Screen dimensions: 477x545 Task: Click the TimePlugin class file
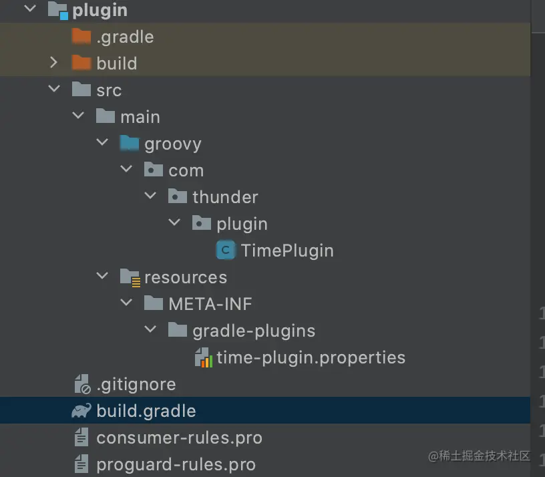(x=287, y=251)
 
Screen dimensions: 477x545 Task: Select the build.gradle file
(x=146, y=411)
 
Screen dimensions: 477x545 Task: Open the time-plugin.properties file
(x=311, y=357)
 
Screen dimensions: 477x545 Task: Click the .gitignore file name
(x=136, y=384)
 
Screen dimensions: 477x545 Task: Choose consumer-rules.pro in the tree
(x=179, y=438)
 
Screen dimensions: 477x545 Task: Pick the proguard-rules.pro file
(x=176, y=464)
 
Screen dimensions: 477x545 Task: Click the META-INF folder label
(x=210, y=304)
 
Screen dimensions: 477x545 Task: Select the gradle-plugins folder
(x=254, y=331)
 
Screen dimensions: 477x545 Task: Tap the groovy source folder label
(x=172, y=144)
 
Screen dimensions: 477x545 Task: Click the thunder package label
(x=225, y=197)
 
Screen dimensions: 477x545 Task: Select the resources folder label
(x=186, y=277)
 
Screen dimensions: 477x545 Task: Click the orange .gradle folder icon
(x=81, y=36)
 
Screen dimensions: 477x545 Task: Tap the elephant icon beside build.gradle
(x=81, y=411)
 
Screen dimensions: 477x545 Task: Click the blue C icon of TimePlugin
(x=226, y=251)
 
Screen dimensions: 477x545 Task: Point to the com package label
(x=186, y=170)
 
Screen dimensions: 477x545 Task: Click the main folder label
(x=140, y=117)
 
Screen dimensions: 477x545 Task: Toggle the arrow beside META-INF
(x=127, y=304)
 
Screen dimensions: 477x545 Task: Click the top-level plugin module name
(x=100, y=10)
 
